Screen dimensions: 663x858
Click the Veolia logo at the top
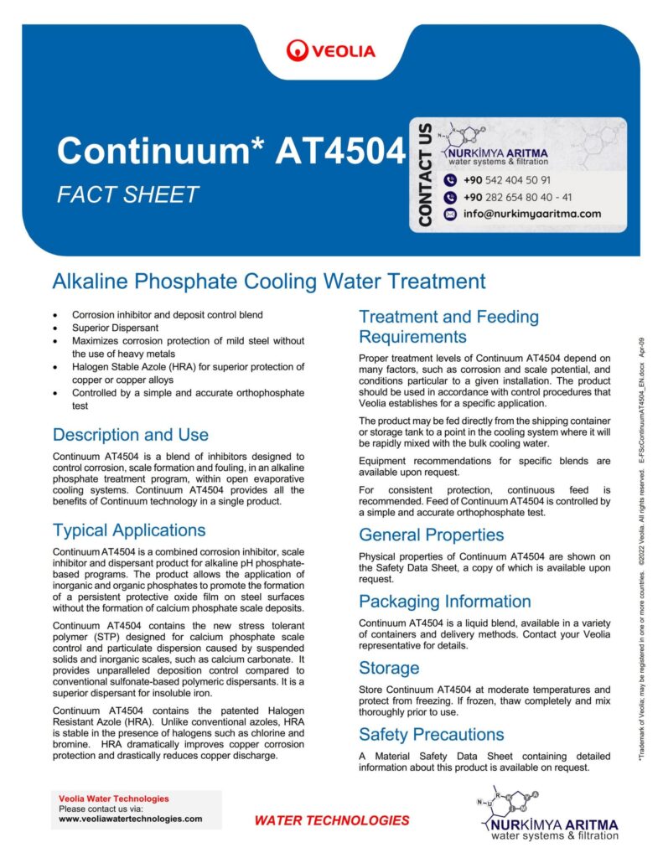click(330, 51)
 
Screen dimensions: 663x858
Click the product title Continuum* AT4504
click(230, 151)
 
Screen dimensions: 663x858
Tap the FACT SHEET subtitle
click(127, 195)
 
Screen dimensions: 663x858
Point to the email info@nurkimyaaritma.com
click(531, 214)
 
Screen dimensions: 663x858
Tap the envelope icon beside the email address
click(449, 214)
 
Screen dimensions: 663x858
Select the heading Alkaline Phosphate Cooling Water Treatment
click(268, 281)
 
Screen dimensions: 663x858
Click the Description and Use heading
click(130, 435)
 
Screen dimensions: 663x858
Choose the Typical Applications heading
click(128, 530)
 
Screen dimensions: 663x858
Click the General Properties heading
click(431, 535)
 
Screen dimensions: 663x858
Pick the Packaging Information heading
click(444, 602)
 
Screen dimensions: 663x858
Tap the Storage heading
click(389, 668)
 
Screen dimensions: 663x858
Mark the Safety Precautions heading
click(431, 735)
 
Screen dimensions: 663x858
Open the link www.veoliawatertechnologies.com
click(130, 819)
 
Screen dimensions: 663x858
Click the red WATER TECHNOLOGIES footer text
click(332, 820)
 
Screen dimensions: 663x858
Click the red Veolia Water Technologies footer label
click(114, 799)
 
